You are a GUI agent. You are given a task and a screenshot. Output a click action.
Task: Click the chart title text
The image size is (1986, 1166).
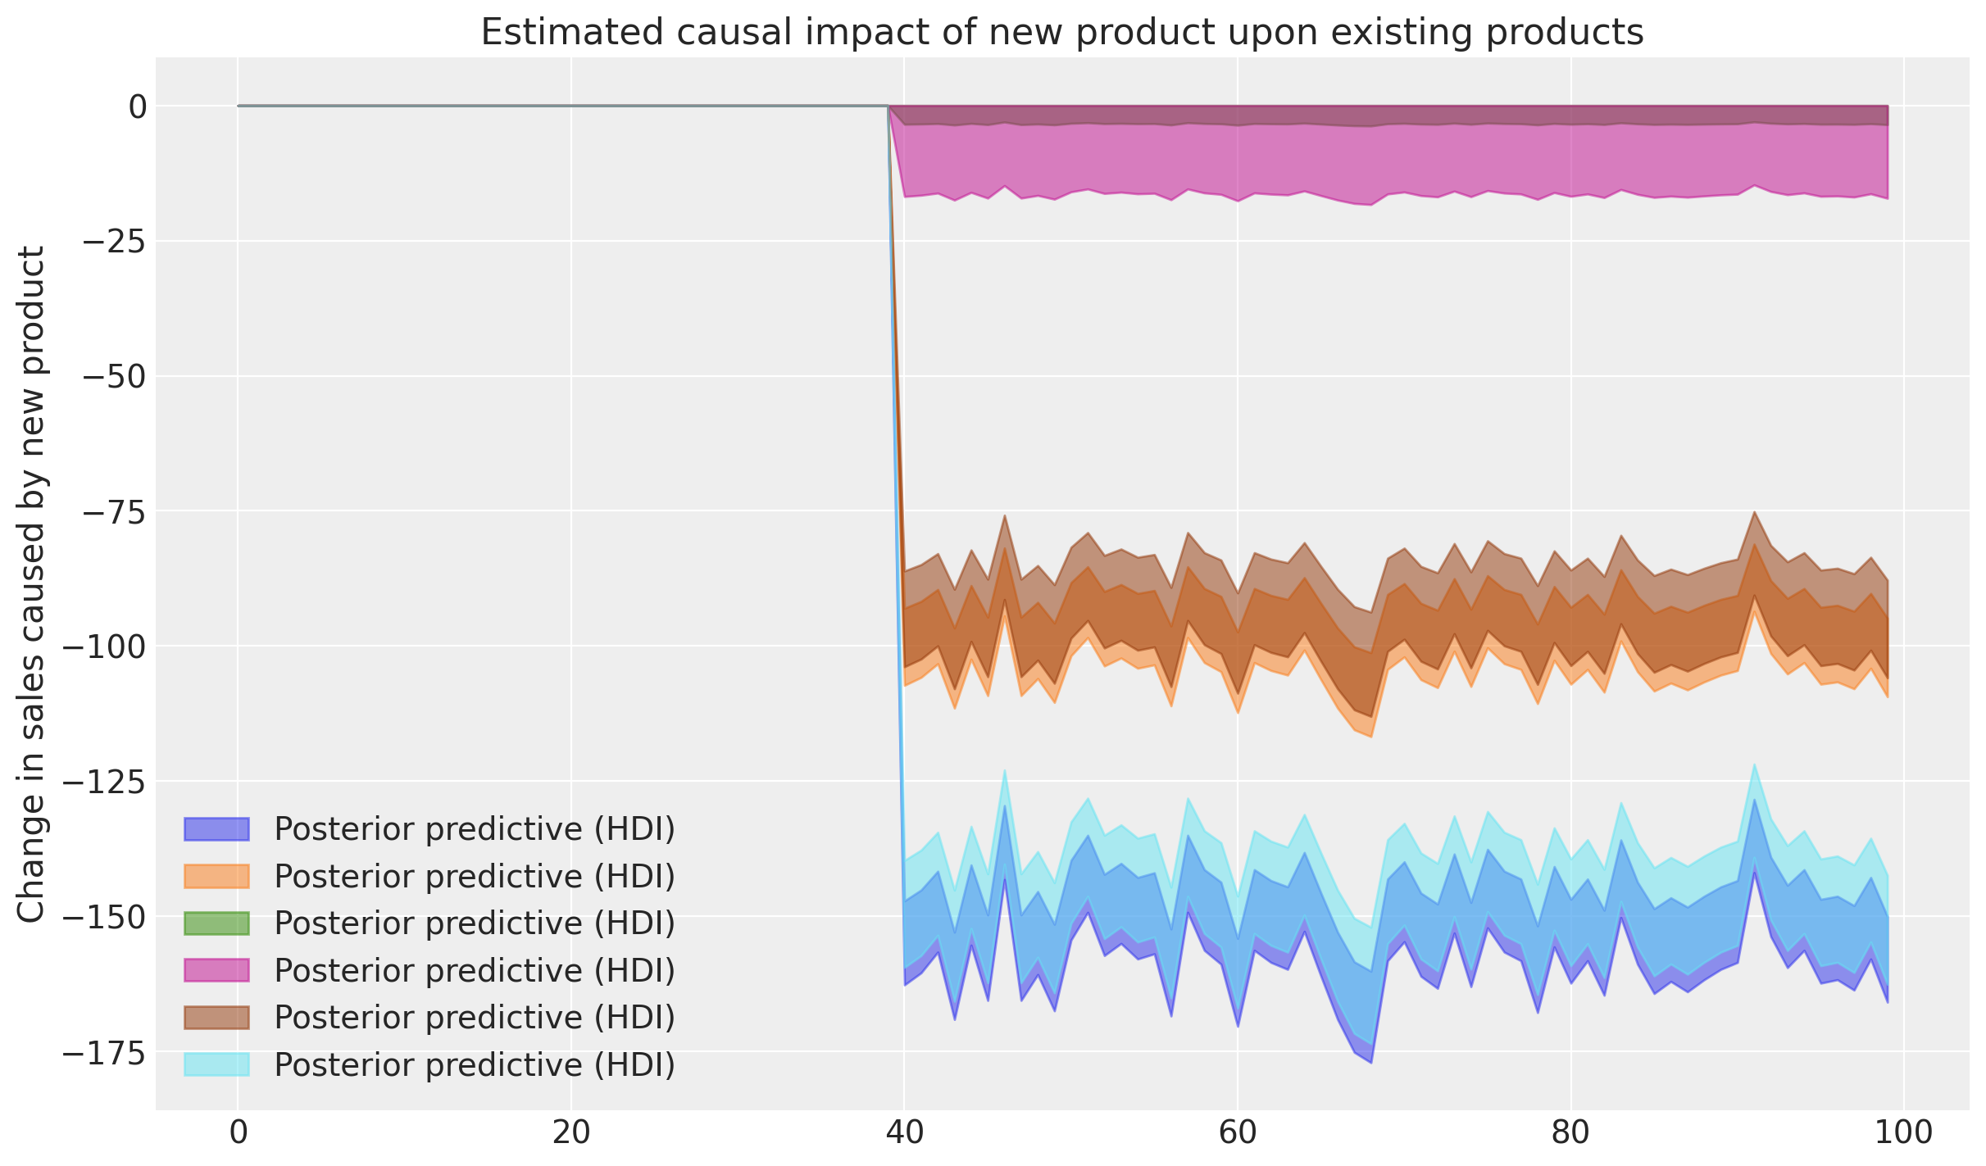tap(1061, 33)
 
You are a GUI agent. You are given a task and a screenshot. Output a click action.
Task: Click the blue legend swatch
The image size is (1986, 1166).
tap(216, 829)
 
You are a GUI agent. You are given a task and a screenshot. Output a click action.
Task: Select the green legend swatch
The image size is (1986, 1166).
tap(216, 923)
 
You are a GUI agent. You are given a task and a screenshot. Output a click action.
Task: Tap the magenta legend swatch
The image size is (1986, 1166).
tap(216, 970)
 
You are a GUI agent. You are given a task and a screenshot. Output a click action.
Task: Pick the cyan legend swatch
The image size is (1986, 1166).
tap(216, 1064)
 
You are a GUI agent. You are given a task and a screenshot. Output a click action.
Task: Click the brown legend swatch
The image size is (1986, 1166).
tap(216, 1018)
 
